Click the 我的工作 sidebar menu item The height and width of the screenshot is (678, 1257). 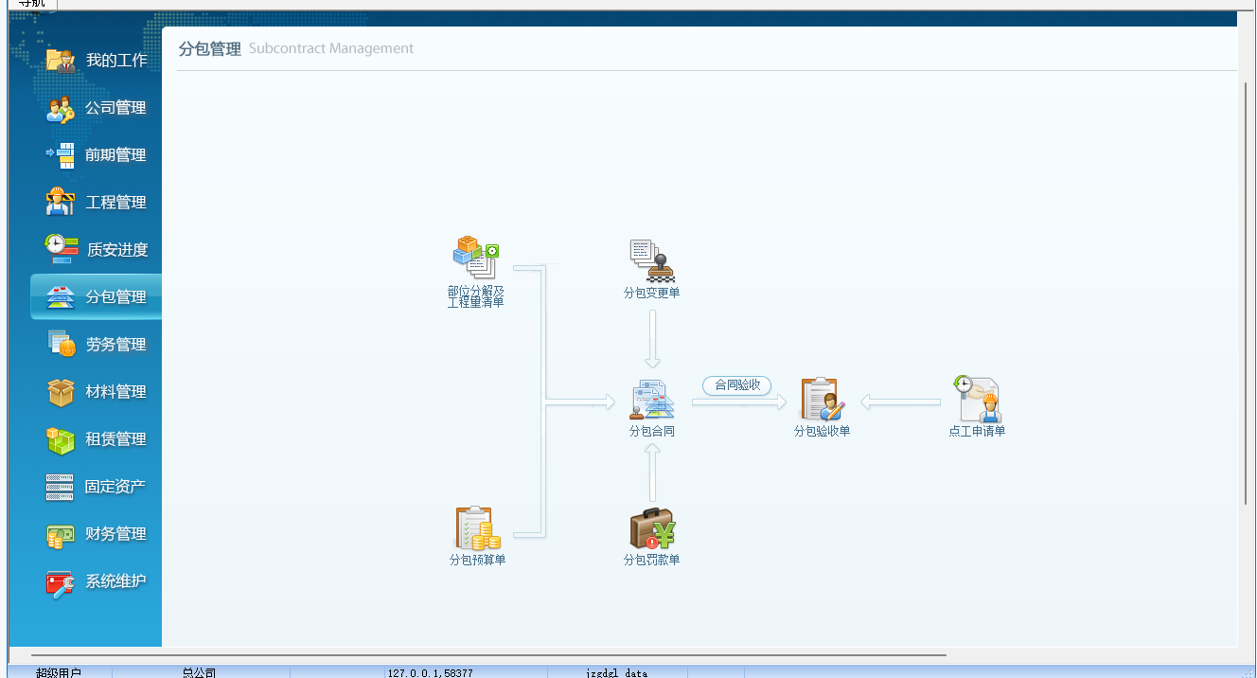tap(97, 61)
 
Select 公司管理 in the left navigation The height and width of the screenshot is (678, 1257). tap(97, 108)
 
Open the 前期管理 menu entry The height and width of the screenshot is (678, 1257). tap(97, 155)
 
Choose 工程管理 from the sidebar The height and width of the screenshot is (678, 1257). tap(97, 203)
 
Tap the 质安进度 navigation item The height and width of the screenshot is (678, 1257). tap(97, 250)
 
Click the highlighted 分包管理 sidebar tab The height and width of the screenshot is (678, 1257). tap(97, 297)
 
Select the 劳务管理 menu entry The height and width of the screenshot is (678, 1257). tap(97, 345)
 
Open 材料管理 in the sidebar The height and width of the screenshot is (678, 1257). tap(97, 392)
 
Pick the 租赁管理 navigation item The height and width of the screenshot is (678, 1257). tap(97, 439)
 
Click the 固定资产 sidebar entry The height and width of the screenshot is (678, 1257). tap(97, 487)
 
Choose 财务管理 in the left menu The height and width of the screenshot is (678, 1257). tap(97, 534)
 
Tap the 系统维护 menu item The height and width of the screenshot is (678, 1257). tap(97, 581)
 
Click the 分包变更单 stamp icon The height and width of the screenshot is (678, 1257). tap(651, 260)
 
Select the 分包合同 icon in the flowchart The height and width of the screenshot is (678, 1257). tap(651, 401)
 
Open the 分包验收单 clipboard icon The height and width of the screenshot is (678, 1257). tap(822, 400)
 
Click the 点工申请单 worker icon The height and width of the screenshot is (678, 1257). tap(977, 400)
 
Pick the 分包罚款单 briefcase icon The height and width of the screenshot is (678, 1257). tap(651, 529)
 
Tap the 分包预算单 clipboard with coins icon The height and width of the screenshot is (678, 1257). tap(477, 528)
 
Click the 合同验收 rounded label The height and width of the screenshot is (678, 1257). tap(737, 385)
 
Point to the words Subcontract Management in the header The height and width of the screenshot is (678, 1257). tap(331, 48)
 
